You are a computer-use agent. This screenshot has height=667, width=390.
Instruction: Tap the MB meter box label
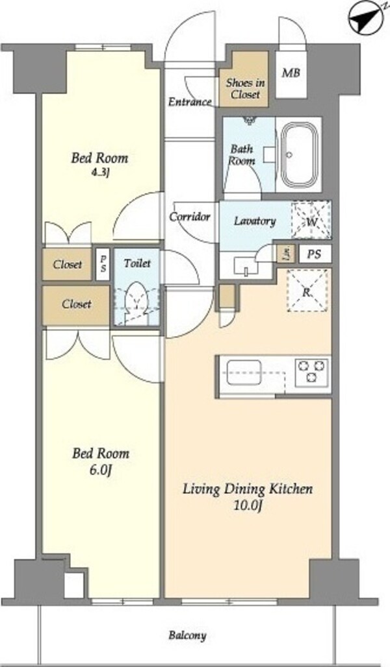point(291,73)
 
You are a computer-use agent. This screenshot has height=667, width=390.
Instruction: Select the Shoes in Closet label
point(245,88)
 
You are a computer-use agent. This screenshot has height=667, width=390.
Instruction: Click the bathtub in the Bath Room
point(298,154)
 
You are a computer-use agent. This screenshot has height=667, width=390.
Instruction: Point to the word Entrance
point(190,102)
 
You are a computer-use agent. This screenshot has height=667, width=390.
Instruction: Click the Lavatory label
point(255,221)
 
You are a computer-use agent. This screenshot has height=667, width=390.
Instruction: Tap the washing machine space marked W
point(311,220)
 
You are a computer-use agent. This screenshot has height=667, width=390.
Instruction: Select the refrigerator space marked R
point(307,291)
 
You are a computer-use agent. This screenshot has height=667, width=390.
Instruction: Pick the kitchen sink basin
point(244,372)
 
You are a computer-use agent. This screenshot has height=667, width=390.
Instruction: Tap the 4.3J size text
point(99,173)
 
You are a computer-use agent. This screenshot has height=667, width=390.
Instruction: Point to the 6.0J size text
point(101,470)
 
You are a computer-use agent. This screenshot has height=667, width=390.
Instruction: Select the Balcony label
point(188,635)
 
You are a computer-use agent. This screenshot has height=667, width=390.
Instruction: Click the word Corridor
point(190,217)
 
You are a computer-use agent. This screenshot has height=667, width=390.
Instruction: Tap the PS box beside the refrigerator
point(315,254)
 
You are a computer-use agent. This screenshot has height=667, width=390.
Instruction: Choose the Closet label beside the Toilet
point(77,304)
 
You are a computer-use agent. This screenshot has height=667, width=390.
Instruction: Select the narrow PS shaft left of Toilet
point(102,263)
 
